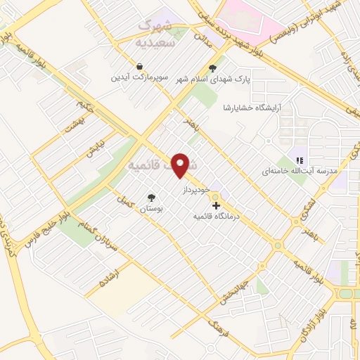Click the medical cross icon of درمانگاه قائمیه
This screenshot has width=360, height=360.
[x=215, y=205]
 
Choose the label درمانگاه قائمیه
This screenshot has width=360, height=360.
[x=217, y=217]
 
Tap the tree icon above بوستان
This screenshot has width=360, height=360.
[x=150, y=198]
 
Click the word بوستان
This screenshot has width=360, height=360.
[x=150, y=209]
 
